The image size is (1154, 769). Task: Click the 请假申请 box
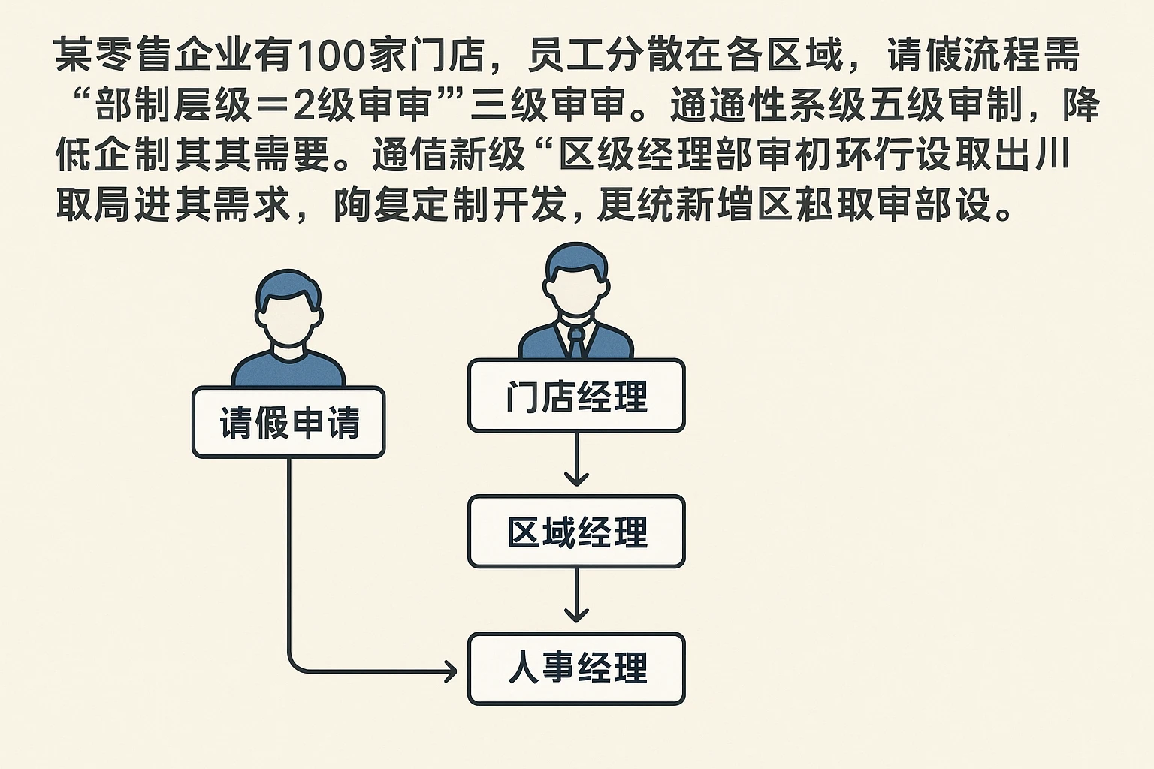tap(288, 422)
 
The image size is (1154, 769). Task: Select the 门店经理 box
tap(576, 396)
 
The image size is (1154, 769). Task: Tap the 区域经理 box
tap(576, 532)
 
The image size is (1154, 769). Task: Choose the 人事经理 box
tap(576, 669)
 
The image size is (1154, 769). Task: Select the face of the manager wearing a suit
tap(576, 289)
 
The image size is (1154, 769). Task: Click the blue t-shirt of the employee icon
tap(288, 372)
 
